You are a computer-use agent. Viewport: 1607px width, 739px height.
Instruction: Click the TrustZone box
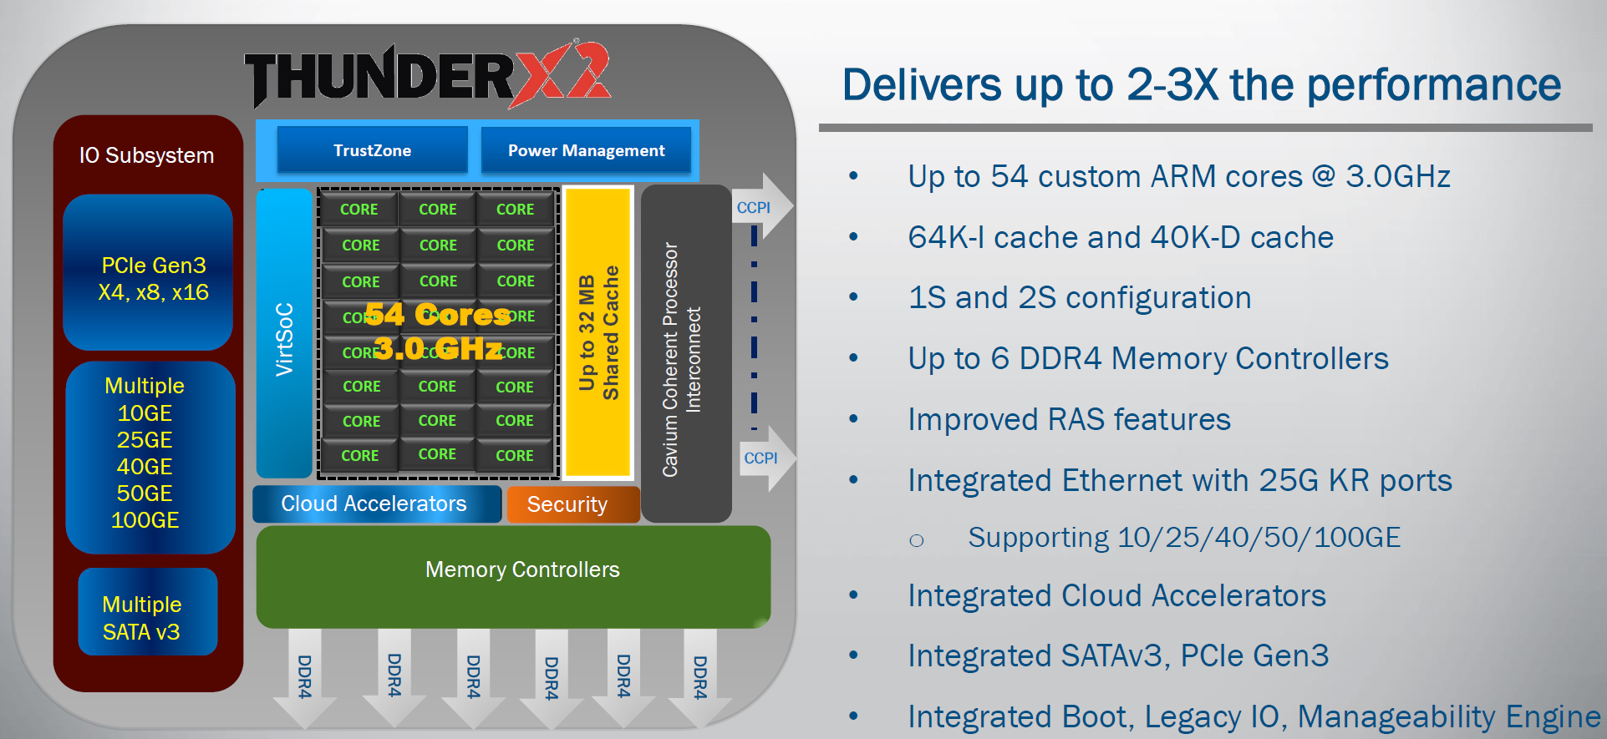[x=372, y=150]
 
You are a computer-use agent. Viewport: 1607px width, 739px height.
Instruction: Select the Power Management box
[x=586, y=150]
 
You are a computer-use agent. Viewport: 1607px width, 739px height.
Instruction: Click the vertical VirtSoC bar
[x=284, y=334]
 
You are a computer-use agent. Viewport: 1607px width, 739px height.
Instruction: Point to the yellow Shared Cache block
[x=598, y=332]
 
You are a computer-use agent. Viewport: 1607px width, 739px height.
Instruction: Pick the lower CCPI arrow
[x=763, y=458]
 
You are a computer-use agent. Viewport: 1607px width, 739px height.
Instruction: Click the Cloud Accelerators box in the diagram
[x=376, y=504]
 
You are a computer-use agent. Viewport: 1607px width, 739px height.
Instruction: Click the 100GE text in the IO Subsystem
[x=145, y=520]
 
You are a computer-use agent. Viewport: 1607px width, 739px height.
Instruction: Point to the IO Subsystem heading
[x=146, y=155]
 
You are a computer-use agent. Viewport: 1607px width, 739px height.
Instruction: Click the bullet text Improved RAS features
[x=1069, y=419]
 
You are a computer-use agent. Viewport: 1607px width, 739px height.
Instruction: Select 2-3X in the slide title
[x=1173, y=84]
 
